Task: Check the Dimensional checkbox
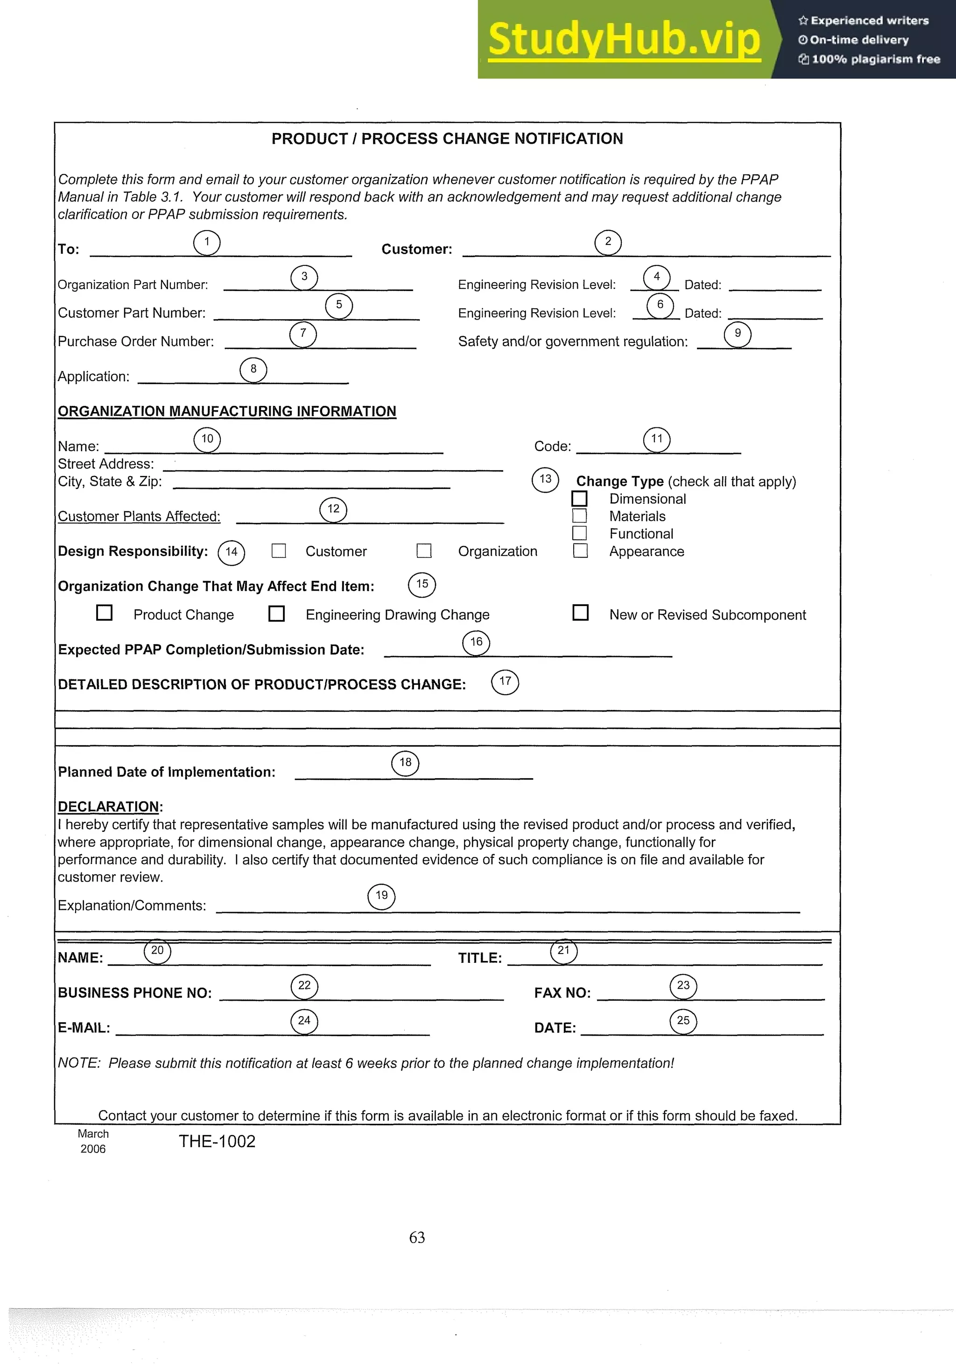[x=579, y=499]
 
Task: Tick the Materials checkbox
[x=579, y=516]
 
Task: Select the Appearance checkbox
[x=580, y=551]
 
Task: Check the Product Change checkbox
[x=104, y=613]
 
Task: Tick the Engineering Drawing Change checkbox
[x=276, y=613]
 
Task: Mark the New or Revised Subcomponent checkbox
[x=580, y=613]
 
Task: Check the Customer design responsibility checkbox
[x=279, y=551]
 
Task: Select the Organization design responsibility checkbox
[x=424, y=551]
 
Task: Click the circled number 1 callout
[x=207, y=243]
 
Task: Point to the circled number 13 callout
[x=545, y=480]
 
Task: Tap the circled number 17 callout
[x=505, y=682]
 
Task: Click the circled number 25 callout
[x=683, y=1021]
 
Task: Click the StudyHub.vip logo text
[x=624, y=39]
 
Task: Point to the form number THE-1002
[x=217, y=1142]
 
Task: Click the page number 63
[x=417, y=1238]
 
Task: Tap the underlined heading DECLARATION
[x=108, y=807]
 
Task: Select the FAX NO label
[x=562, y=993]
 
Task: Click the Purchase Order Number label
[x=136, y=341]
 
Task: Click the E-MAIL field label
[x=84, y=1028]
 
